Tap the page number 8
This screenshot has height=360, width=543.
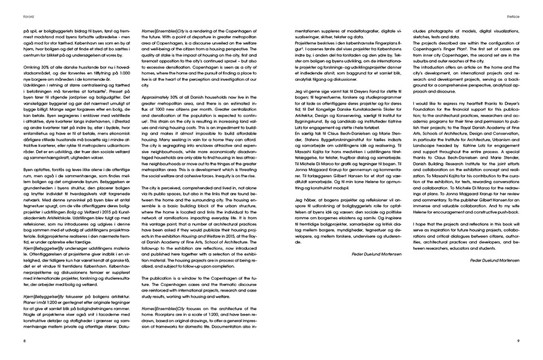coord(24,341)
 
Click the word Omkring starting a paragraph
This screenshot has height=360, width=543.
coord(31,68)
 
